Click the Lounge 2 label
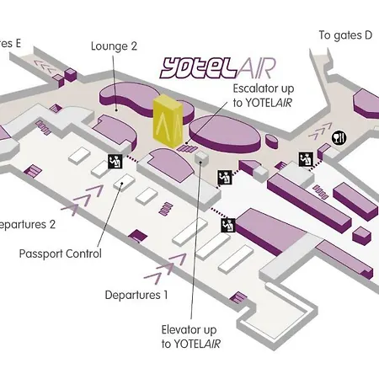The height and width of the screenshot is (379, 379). tap(113, 47)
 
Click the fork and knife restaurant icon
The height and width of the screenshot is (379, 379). tap(339, 138)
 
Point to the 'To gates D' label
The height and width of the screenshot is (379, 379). tap(344, 35)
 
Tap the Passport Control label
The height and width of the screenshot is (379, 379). tap(72, 254)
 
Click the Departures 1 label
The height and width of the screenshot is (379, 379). tap(136, 295)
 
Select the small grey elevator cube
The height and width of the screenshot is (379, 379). tap(200, 157)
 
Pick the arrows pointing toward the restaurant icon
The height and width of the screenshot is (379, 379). tap(322, 130)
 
